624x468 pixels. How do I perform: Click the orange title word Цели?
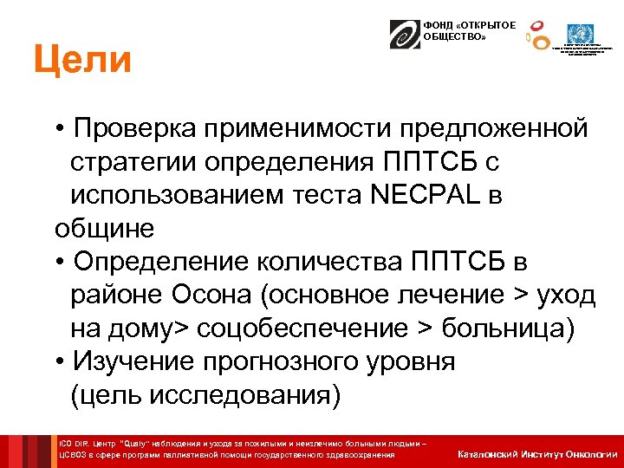coord(83,61)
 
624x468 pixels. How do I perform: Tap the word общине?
coord(104,229)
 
